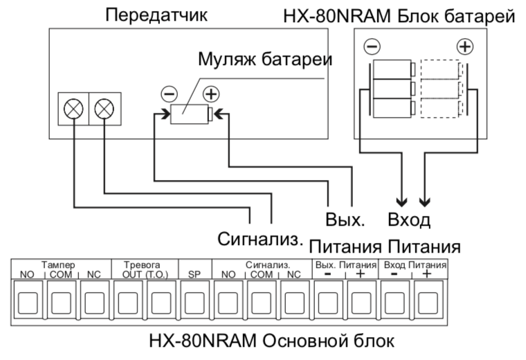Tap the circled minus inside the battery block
pyautogui.click(x=372, y=47)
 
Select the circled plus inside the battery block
pyautogui.click(x=465, y=47)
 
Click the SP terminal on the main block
pyautogui.click(x=194, y=301)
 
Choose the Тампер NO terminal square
pyautogui.click(x=28, y=301)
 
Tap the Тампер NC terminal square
pyautogui.click(x=94, y=301)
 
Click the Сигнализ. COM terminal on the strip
pyautogui.click(x=261, y=301)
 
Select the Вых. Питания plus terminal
pyautogui.click(x=361, y=301)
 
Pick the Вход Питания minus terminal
pyautogui.click(x=394, y=301)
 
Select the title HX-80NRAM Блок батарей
pyautogui.click(x=399, y=15)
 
